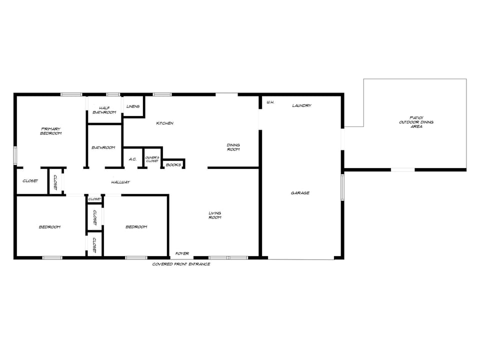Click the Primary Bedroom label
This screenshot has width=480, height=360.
[x=51, y=131]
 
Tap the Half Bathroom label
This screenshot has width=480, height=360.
[x=104, y=110]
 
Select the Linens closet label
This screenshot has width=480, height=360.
[x=133, y=106]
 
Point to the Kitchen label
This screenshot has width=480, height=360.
[x=165, y=123]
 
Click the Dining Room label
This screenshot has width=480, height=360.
[x=233, y=147]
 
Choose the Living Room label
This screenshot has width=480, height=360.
[x=215, y=215]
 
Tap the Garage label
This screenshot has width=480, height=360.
[x=300, y=193]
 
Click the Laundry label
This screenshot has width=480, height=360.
[x=302, y=105]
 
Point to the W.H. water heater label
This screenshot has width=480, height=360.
[x=270, y=102]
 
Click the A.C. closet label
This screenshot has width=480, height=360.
[x=132, y=159]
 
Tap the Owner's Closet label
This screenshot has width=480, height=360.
[x=152, y=159]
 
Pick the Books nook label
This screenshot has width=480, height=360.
[x=173, y=164]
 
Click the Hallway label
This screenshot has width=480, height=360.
[x=120, y=182]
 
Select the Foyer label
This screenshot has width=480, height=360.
[x=182, y=253]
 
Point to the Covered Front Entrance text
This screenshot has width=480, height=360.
[x=181, y=264]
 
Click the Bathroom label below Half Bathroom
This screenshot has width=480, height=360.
[x=103, y=147]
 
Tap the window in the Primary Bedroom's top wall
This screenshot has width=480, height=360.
[x=71, y=94]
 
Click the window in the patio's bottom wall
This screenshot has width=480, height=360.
[x=402, y=170]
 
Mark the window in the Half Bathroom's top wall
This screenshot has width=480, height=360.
[x=113, y=94]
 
